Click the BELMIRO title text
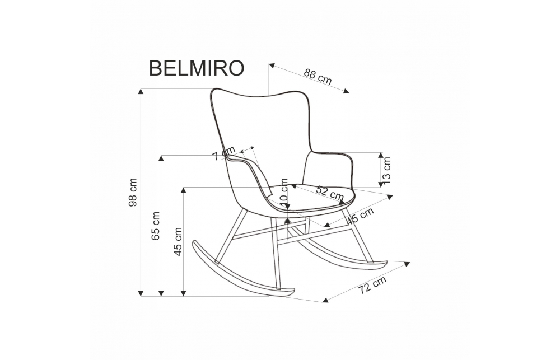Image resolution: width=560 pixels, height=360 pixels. pos(196,68)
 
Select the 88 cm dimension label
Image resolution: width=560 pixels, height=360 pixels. pos(318,76)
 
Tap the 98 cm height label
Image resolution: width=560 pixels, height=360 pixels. pos(133,193)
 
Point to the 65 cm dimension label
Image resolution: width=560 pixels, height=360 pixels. pos(156,226)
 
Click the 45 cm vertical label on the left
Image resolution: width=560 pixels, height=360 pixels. pos(179,241)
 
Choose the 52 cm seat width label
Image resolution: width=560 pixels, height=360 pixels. pos(329,193)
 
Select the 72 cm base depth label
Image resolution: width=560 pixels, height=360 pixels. pos(372,286)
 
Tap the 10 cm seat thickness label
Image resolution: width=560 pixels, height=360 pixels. pos(283,190)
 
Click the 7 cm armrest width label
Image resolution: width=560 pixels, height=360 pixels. pos(224,155)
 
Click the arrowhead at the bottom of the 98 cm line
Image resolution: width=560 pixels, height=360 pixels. pos(141,292)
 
